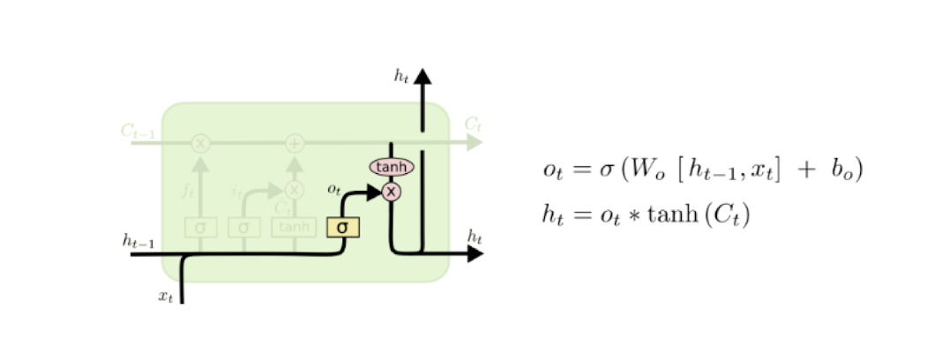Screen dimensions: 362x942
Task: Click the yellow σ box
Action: (x=342, y=227)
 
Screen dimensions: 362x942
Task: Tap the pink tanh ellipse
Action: (x=391, y=167)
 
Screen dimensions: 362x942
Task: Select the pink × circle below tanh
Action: (x=391, y=191)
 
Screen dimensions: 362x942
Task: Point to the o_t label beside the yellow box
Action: (x=333, y=188)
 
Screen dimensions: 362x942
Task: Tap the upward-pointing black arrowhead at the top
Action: (x=422, y=77)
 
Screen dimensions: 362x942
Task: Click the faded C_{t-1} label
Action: (x=137, y=131)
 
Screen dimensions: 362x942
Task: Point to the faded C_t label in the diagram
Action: (x=473, y=124)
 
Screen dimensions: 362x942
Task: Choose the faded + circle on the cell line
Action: (x=294, y=142)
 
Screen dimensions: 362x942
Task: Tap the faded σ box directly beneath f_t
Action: (x=200, y=227)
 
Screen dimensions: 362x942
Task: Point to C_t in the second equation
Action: (x=729, y=215)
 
